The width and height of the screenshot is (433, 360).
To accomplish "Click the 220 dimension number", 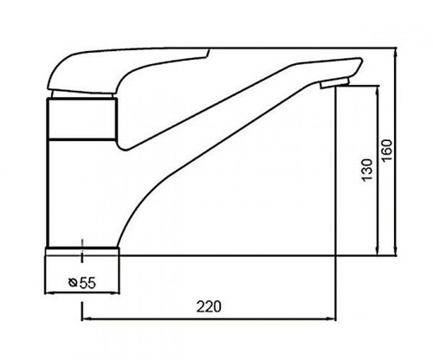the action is click(209, 306).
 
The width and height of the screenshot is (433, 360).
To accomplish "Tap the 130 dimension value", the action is click(367, 170).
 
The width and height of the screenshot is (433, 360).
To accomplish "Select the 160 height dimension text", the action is click(387, 151).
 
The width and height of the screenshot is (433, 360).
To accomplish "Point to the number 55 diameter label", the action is click(87, 283).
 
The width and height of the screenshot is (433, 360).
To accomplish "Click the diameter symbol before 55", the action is click(73, 283).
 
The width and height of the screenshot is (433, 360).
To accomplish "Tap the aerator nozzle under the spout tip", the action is click(335, 83).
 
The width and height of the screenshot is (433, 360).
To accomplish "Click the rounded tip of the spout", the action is click(359, 62).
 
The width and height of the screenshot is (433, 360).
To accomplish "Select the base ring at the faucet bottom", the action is click(82, 251).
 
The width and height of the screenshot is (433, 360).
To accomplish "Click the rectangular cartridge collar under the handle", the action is click(82, 119).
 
